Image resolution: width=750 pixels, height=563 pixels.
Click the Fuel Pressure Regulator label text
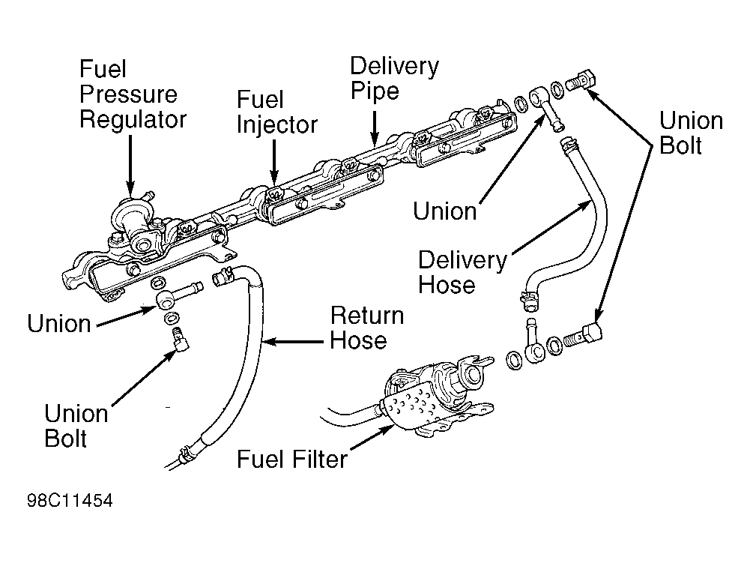click(x=132, y=94)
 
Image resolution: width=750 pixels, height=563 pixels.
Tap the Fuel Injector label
click(x=277, y=112)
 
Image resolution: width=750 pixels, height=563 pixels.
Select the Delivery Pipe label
click(x=394, y=78)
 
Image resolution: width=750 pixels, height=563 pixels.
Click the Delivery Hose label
click(x=462, y=272)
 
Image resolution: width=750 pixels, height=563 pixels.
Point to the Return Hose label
click(x=366, y=328)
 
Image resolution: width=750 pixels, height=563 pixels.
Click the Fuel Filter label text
click(x=292, y=458)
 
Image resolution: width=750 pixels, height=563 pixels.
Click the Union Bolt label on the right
click(x=691, y=133)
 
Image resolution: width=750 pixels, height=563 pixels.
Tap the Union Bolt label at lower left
click(x=76, y=425)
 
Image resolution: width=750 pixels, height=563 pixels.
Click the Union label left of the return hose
click(x=58, y=324)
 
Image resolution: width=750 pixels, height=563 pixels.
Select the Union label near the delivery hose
click(x=444, y=211)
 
